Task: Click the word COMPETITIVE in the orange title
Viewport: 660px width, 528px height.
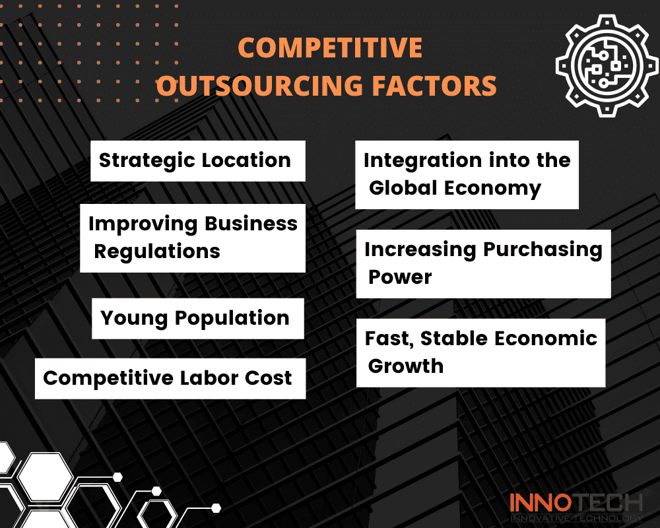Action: coord(330,48)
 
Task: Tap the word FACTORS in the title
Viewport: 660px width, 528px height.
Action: coord(434,86)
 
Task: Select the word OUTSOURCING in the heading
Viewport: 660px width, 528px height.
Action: coord(259,86)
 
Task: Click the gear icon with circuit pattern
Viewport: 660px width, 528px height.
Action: coord(607,66)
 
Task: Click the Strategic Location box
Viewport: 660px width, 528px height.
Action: coord(198,161)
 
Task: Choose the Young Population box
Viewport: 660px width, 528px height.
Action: coord(198,319)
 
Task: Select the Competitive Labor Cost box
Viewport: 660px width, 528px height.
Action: coord(170,379)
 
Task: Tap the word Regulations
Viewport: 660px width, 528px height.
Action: coord(157,251)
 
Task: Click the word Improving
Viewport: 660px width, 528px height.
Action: coord(143,224)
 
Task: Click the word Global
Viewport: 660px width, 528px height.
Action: coord(403,188)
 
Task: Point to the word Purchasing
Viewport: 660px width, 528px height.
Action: coord(543,250)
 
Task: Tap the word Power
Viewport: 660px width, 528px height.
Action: coord(401,277)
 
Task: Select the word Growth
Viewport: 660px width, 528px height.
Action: coord(406,366)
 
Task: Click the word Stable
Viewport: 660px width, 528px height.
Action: coord(454,338)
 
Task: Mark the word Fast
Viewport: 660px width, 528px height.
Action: coord(389,339)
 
